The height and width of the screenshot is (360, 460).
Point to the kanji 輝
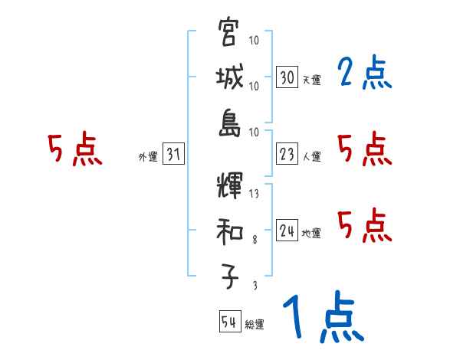click(x=230, y=186)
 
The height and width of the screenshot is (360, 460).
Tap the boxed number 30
click(x=287, y=77)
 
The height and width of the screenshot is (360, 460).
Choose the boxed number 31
click(x=173, y=155)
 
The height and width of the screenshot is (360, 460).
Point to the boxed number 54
click(x=229, y=322)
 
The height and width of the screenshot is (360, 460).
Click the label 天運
click(x=311, y=80)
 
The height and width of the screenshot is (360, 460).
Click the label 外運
click(x=148, y=157)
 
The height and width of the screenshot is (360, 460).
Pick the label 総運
click(x=254, y=325)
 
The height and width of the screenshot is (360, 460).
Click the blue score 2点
click(x=363, y=74)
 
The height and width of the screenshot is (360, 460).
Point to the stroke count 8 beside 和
click(x=254, y=240)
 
